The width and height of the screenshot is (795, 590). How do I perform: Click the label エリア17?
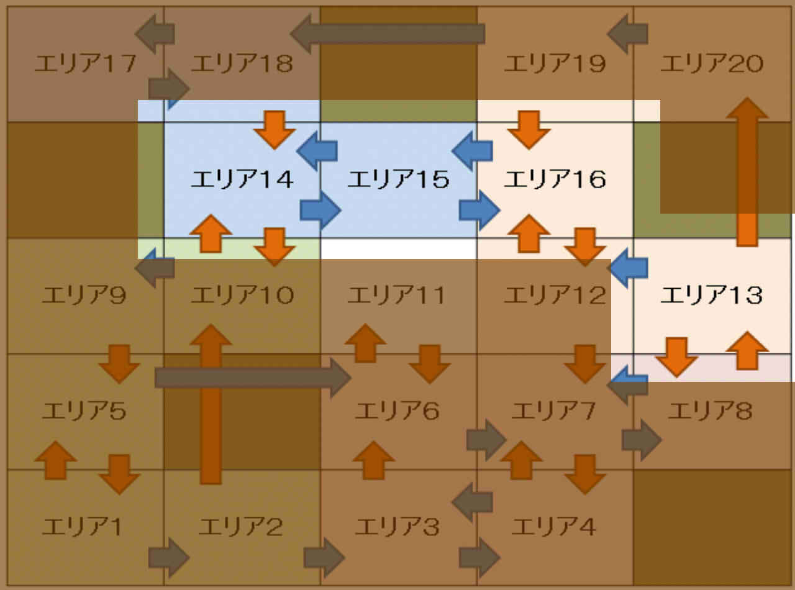tap(85, 64)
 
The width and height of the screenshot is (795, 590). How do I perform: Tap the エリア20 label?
tap(711, 64)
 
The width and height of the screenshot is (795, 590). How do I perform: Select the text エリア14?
tap(242, 180)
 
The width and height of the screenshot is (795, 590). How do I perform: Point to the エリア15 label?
tap(398, 180)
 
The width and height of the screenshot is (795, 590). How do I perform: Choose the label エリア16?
tap(555, 180)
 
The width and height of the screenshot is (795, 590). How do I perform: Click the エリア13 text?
tap(711, 296)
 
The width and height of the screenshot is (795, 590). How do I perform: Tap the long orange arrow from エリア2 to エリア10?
tap(211, 404)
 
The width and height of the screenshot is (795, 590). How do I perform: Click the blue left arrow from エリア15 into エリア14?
tap(317, 150)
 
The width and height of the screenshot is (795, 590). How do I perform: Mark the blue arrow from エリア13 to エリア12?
tap(628, 268)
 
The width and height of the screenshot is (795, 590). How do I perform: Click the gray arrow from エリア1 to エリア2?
tap(168, 557)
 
